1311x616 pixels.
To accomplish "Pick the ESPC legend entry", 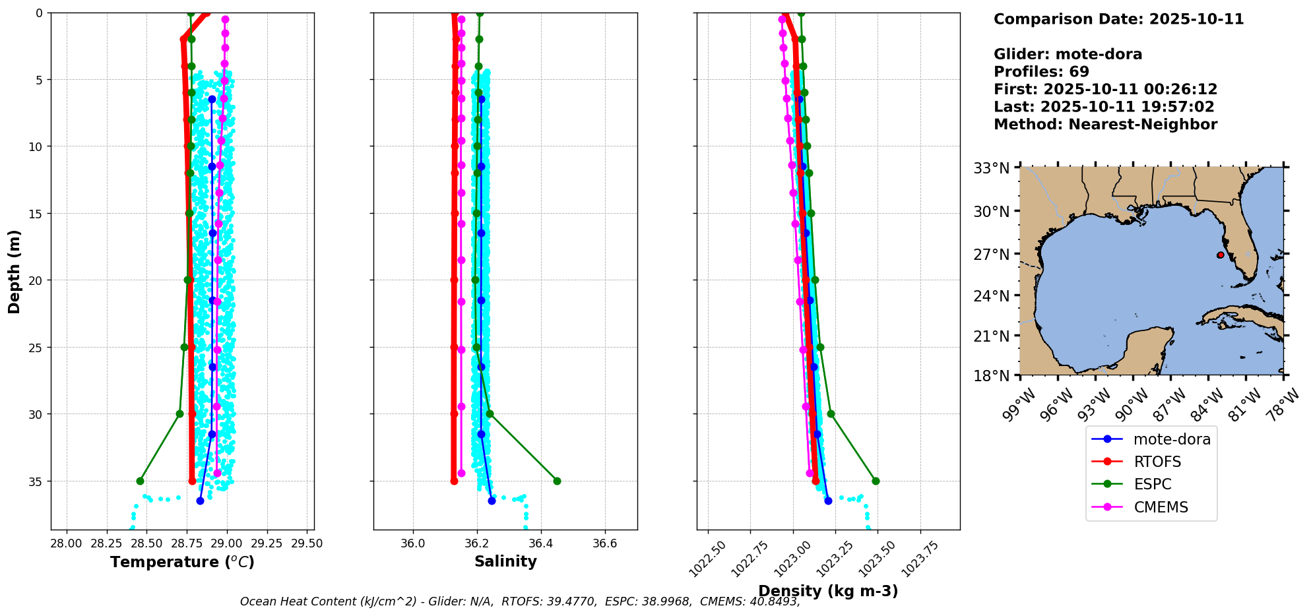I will click(1152, 484).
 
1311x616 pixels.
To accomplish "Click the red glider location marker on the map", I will click(1221, 255).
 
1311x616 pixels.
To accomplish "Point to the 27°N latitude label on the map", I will click(992, 255).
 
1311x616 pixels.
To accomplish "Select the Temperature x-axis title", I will click(182, 562).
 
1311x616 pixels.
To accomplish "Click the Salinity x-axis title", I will click(505, 561).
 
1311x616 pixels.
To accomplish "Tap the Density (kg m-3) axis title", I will click(828, 591).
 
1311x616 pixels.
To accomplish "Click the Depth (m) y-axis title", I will click(14, 271).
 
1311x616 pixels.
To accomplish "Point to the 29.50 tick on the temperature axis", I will click(307, 543).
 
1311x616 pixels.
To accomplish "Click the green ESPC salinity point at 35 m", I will click(557, 481).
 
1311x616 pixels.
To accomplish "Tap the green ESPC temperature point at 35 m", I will click(140, 481).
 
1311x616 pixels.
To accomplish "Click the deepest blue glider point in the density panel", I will click(828, 501).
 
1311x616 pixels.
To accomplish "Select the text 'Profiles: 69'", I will click(1041, 72).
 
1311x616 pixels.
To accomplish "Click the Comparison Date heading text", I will click(1118, 19).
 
